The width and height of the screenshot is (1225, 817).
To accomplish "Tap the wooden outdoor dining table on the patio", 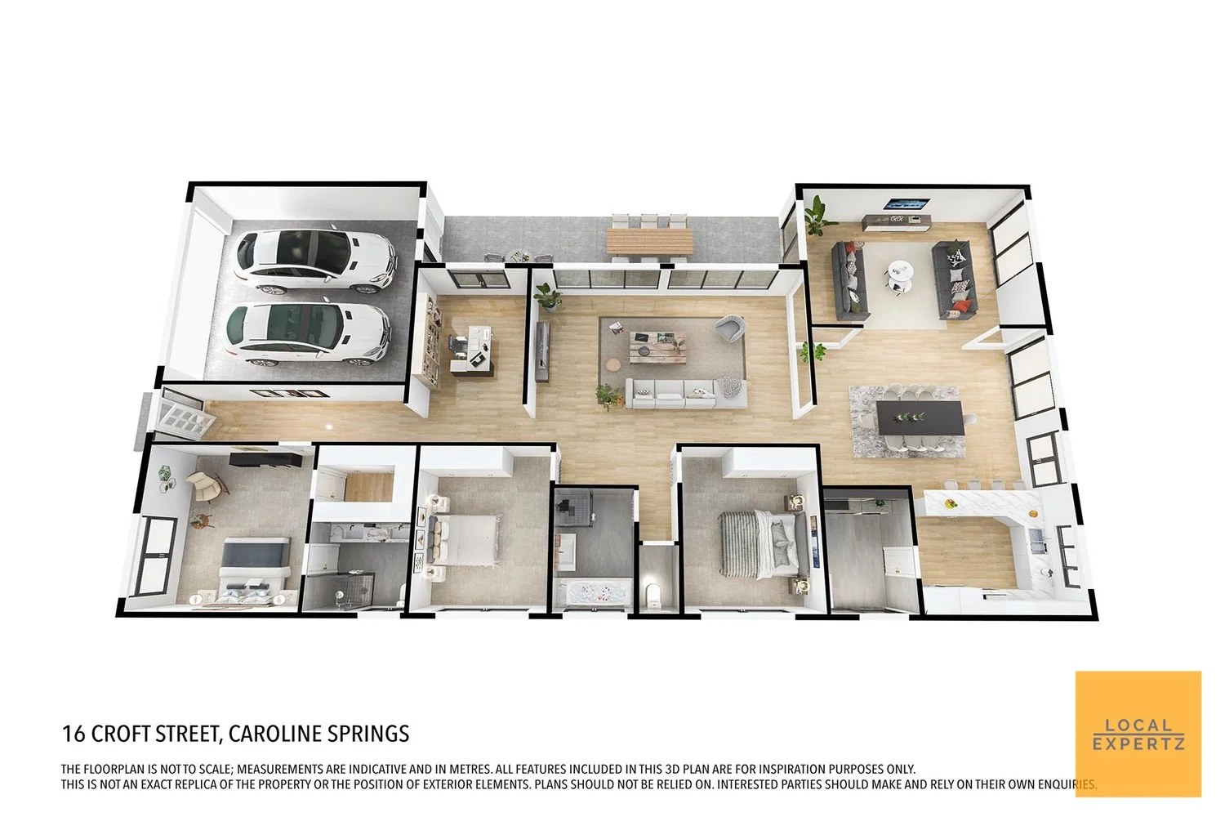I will click(649, 241).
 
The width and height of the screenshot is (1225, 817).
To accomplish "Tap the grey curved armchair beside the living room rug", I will click(730, 328).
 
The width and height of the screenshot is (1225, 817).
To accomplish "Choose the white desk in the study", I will click(471, 347).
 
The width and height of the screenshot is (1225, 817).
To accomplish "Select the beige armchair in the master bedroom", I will click(207, 487).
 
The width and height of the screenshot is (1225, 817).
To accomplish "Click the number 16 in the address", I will click(73, 734).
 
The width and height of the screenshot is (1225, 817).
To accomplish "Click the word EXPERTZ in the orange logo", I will click(1138, 743).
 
